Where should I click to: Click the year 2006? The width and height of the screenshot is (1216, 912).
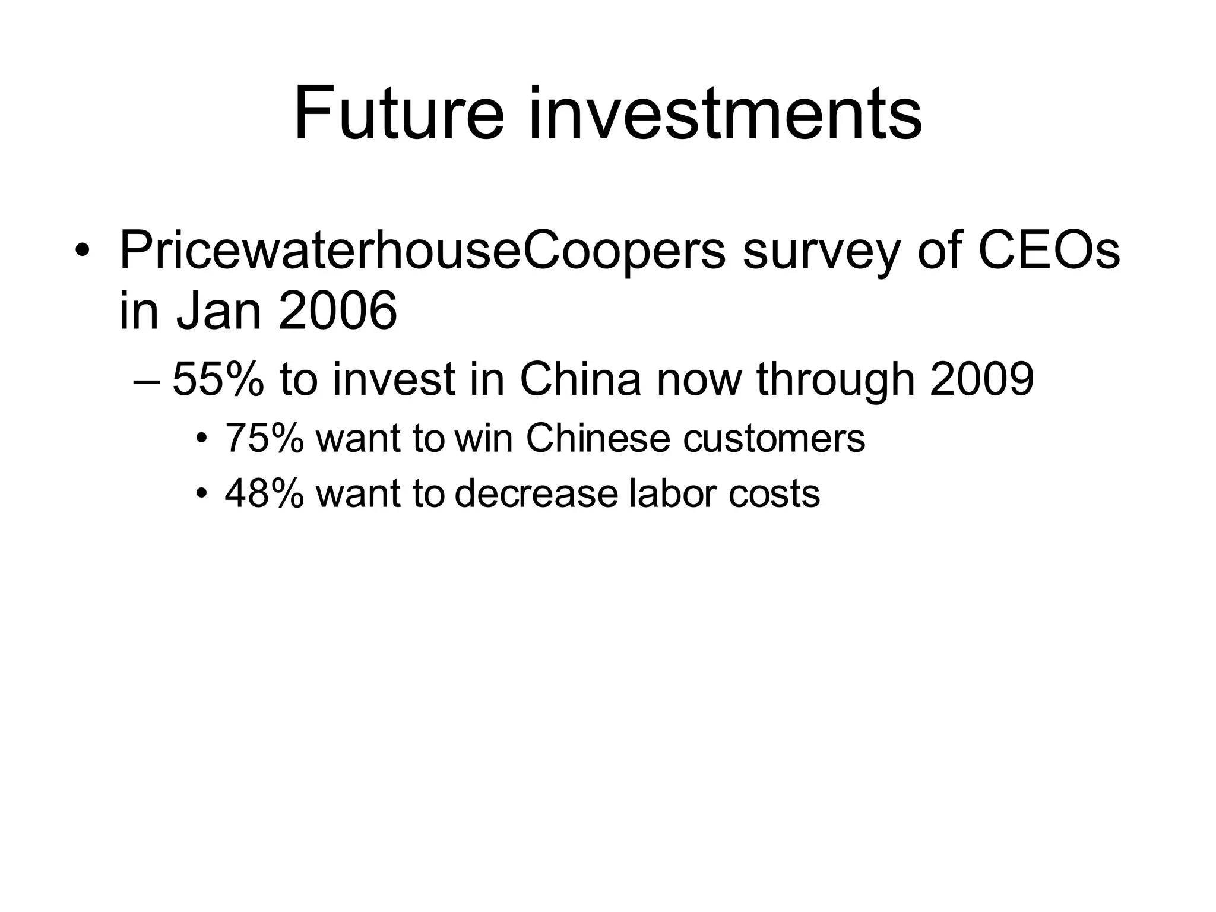point(337,311)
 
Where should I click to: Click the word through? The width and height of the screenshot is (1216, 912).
point(835,380)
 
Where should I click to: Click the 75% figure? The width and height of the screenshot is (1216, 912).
point(264,438)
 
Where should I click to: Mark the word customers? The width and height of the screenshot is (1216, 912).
point(774,438)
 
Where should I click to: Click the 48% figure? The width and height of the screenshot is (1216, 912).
point(264,493)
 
